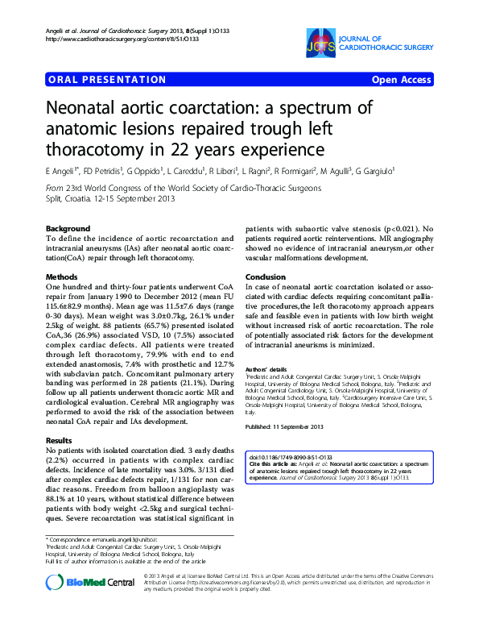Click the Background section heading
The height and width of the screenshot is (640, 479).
(x=68, y=229)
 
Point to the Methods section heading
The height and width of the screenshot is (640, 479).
(x=64, y=276)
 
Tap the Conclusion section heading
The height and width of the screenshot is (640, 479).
(x=266, y=276)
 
